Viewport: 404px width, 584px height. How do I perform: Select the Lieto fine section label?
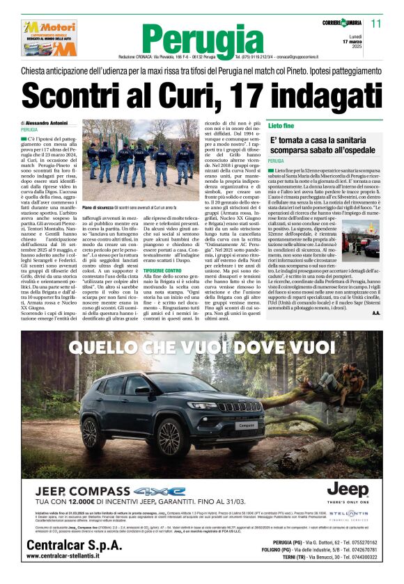(281, 125)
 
